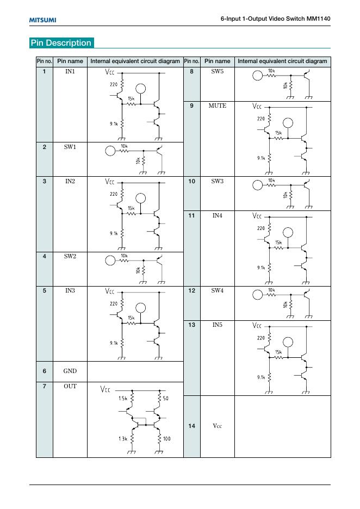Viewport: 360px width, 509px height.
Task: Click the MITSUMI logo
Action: click(x=42, y=20)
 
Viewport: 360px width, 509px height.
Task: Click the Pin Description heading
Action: click(x=61, y=43)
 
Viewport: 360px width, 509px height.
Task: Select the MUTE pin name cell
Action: click(x=217, y=106)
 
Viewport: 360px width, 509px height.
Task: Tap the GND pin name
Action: click(x=70, y=371)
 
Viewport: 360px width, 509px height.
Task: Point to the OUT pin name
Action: click(x=70, y=386)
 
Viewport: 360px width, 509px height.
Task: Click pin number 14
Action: click(x=191, y=426)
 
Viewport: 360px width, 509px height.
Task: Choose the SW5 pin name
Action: click(x=217, y=72)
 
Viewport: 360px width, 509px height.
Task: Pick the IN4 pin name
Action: click(x=217, y=215)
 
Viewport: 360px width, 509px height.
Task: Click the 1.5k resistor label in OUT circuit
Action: click(x=122, y=399)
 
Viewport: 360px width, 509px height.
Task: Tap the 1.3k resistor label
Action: click(x=122, y=438)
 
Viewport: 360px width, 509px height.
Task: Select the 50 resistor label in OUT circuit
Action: click(x=166, y=399)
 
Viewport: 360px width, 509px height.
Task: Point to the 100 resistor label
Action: click(x=167, y=438)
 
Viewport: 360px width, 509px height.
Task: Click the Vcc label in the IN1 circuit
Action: click(x=110, y=72)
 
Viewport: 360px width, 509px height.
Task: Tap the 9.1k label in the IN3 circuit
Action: click(x=113, y=343)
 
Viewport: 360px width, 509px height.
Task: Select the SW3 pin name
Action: click(x=217, y=181)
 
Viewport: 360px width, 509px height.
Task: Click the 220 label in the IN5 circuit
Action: click(x=261, y=338)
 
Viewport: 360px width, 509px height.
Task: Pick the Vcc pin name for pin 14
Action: click(x=217, y=426)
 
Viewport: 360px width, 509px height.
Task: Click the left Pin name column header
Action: click(x=70, y=61)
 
